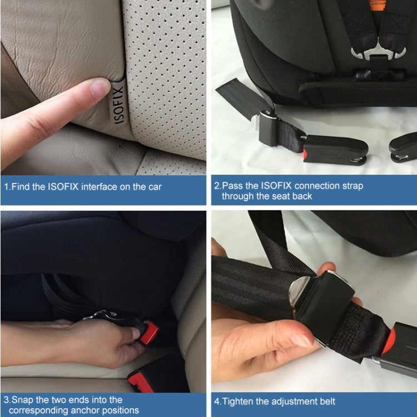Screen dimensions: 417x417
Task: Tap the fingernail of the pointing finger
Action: [x=101, y=87]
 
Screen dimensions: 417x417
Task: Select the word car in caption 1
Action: [x=153, y=187]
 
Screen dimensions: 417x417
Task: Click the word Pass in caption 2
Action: [x=231, y=186]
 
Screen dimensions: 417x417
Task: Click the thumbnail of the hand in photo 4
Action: [x=305, y=340]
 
